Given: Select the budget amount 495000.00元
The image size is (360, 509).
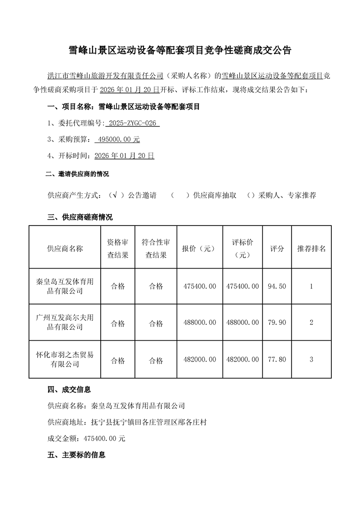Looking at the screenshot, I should tap(118, 139).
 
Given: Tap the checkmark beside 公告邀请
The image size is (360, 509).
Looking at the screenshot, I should tap(116, 195).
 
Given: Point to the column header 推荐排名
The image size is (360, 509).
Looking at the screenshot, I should tap(311, 249).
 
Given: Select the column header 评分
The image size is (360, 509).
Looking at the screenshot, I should tap(277, 249).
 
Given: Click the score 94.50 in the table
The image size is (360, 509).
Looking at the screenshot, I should tap(277, 286).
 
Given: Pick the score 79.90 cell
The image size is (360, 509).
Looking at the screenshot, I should tap(277, 323).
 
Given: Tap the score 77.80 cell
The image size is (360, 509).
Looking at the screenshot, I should tap(277, 360).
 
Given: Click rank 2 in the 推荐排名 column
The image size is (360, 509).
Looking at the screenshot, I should tap(311, 323).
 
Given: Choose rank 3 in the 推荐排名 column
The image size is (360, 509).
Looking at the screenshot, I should tap(311, 360).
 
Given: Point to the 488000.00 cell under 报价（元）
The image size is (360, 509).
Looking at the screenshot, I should tap(199, 323).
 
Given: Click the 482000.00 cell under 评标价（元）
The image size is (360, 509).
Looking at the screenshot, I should tap(242, 360).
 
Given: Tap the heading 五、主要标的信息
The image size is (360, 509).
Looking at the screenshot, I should tap(76, 455).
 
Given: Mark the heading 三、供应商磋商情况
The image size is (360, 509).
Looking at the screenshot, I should tap(80, 217).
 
